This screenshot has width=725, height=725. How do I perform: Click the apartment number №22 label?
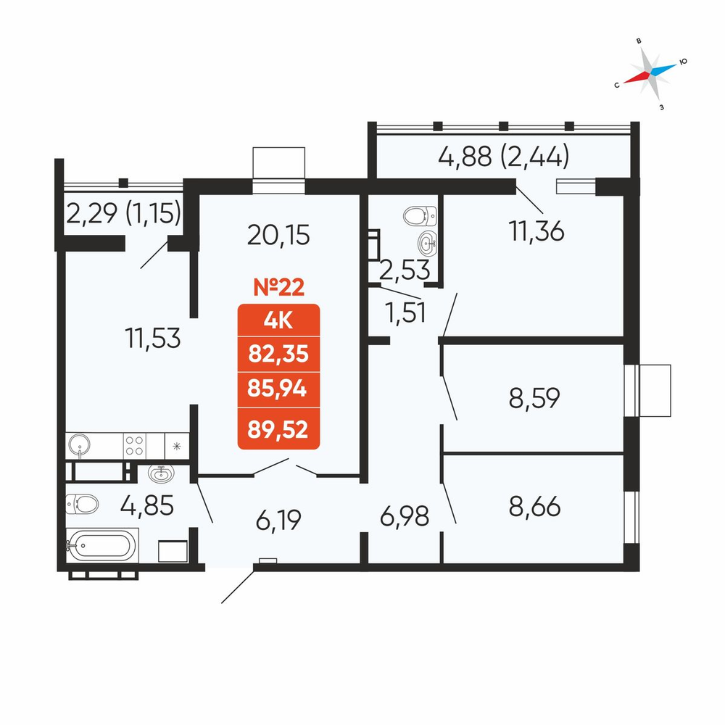click(x=279, y=287)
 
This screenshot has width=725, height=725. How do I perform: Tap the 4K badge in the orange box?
click(x=278, y=320)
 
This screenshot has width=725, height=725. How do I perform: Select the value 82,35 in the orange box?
click(x=278, y=355)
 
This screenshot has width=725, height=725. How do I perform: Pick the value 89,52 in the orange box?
click(x=278, y=429)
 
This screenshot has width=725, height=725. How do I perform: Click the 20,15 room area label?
click(x=278, y=235)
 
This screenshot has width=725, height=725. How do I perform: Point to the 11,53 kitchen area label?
click(x=152, y=338)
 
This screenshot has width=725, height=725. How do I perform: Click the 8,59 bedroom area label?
click(x=534, y=397)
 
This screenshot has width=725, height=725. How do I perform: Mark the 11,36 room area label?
click(x=536, y=231)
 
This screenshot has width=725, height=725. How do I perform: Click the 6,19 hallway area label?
click(x=278, y=519)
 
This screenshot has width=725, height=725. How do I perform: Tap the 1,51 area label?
click(x=405, y=313)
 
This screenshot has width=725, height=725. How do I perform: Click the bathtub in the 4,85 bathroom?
click(x=102, y=546)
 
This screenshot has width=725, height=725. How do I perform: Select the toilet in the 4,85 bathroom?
click(x=82, y=504)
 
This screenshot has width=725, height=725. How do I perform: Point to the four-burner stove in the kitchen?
click(x=135, y=446)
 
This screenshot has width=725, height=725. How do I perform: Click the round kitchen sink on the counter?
click(x=80, y=445)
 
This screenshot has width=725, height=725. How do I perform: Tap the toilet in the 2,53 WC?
click(x=420, y=216)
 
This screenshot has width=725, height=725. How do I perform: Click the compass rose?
click(x=650, y=73)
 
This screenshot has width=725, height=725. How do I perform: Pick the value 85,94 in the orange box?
click(x=278, y=389)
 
